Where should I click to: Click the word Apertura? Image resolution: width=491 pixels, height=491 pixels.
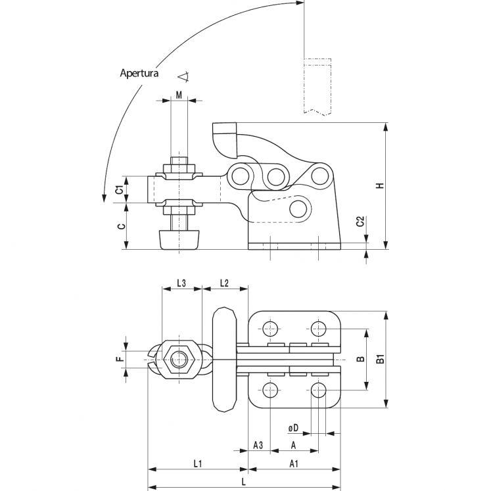coord(139,73)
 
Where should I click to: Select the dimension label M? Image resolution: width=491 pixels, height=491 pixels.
coord(179,95)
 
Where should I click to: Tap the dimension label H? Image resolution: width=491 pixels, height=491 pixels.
coord(379,185)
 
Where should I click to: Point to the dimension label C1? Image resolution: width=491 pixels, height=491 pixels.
coord(119,190)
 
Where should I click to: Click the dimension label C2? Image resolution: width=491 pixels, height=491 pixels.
coord(360,223)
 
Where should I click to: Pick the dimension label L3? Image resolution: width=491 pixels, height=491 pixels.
coord(181,283)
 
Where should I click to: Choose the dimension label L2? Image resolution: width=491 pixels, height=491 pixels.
coord(223,283)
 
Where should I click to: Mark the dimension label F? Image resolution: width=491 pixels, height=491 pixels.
coord(119,360)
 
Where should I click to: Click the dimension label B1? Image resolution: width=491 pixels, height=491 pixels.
coord(379,360)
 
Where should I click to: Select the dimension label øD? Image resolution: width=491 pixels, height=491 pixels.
coord(294,429)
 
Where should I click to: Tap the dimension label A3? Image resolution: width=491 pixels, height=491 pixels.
coord(258,446)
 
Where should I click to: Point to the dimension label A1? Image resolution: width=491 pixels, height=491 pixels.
coord(295,464)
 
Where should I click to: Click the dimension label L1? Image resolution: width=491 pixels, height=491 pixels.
coord(198,464)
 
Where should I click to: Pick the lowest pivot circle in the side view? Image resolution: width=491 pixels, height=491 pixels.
coord(300,209)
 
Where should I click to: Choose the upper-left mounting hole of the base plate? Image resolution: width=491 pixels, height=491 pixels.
coord(269,328)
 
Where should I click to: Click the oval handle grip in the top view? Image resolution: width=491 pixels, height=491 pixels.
coord(225,360)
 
